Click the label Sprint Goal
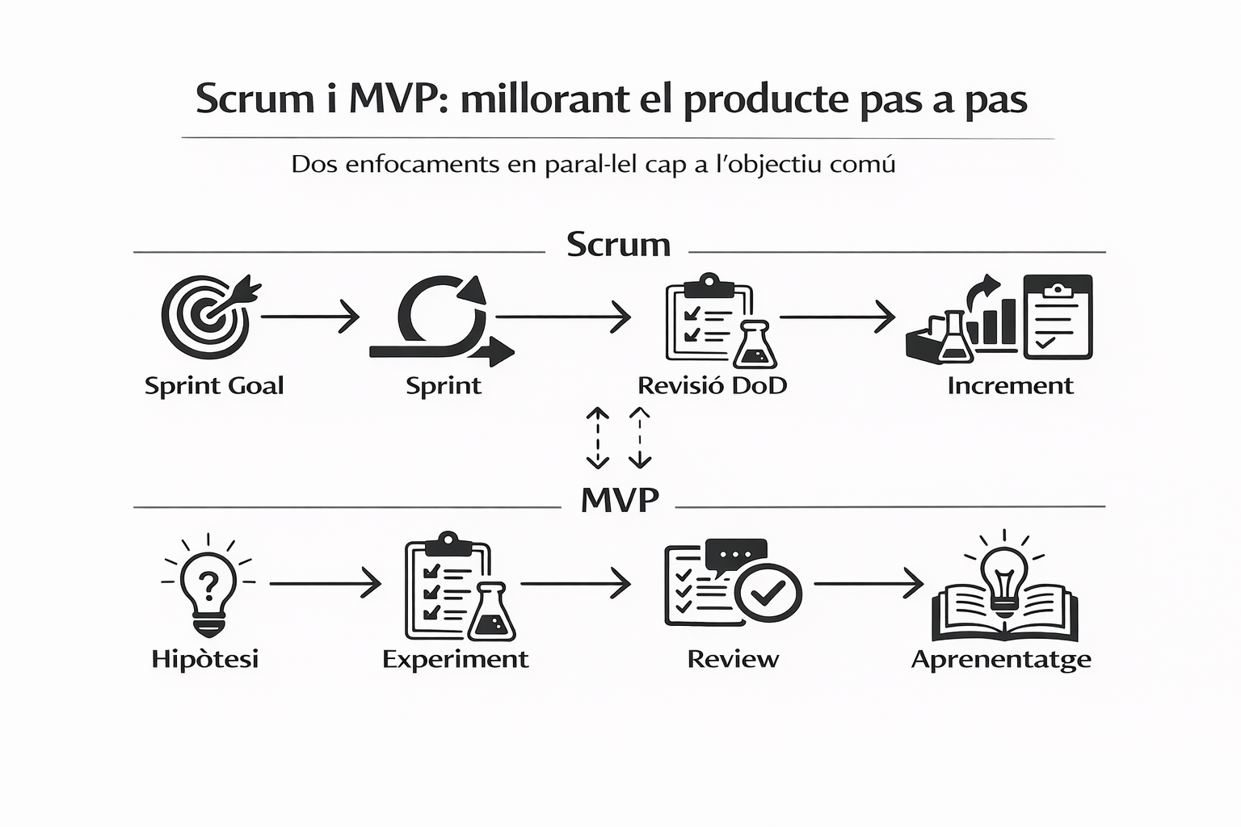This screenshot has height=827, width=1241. [214, 386]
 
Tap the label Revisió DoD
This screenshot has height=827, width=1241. [712, 385]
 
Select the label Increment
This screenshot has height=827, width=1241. [1010, 385]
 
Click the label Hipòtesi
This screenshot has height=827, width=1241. [205, 659]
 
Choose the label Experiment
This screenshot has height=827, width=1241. [456, 659]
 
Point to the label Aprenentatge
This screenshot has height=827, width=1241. [1001, 660]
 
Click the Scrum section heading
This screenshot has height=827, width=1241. [618, 245]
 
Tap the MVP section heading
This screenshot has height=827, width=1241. [620, 501]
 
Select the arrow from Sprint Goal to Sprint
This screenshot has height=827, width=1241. [309, 317]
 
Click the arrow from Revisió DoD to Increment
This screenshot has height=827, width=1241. [837, 317]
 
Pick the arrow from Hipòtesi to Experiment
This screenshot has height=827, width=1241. [325, 582]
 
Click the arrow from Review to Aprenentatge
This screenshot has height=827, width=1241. [869, 582]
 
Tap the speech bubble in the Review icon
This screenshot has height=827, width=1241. [735, 555]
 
